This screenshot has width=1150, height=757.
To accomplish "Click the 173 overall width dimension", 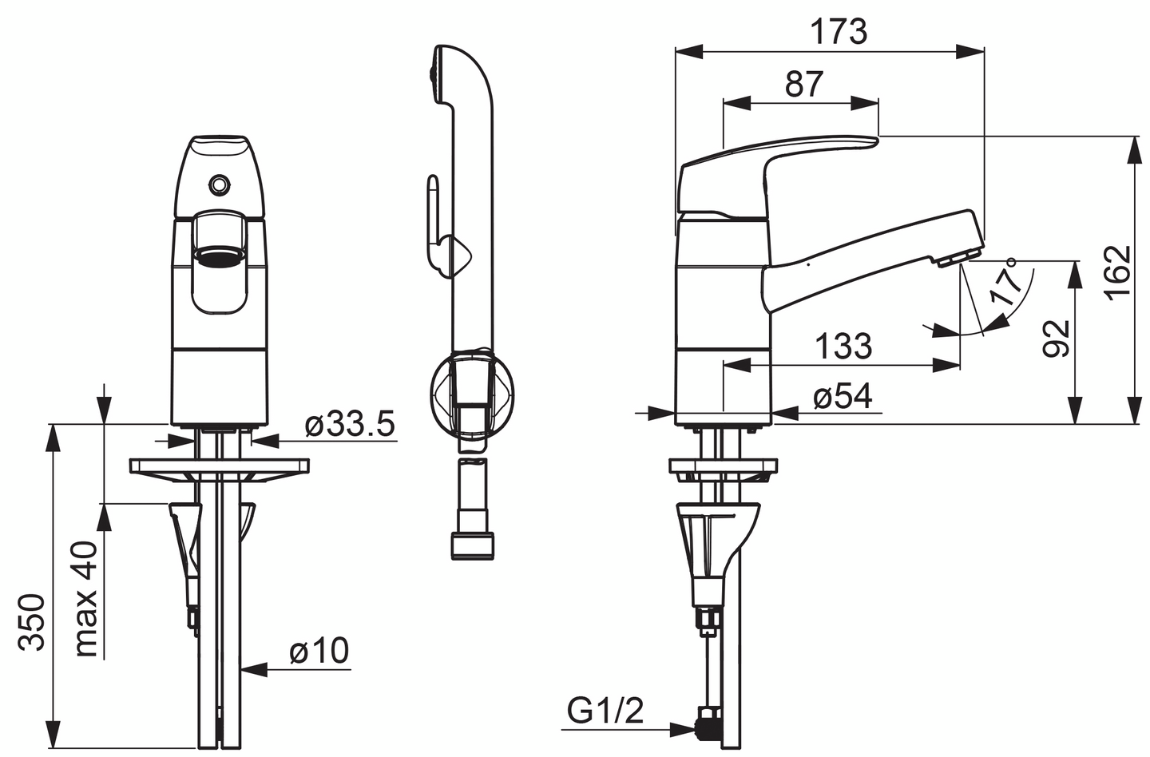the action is point(839,32).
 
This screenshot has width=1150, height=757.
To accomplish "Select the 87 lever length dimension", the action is point(804,84).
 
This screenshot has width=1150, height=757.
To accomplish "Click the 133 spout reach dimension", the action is point(843,347).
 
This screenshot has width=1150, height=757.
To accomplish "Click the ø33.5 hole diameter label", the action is point(350,425).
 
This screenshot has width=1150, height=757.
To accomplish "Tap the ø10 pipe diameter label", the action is point(319,651).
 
